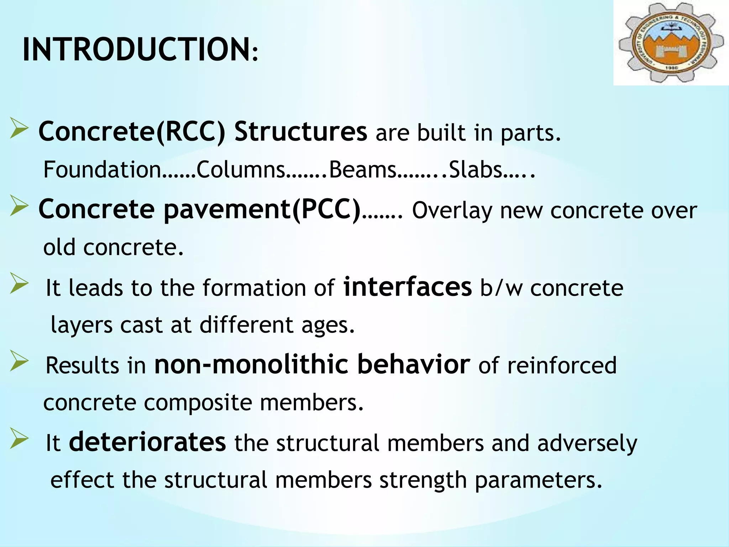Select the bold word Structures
pos(300,132)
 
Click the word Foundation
pos(102,170)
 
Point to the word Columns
pos(241,170)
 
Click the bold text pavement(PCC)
pos(262,209)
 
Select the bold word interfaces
pos(407,287)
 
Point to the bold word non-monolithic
pos(251,364)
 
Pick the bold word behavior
pos(413,364)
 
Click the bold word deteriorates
pos(147,442)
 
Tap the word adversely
pos(587,444)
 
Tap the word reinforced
pos(561,366)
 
